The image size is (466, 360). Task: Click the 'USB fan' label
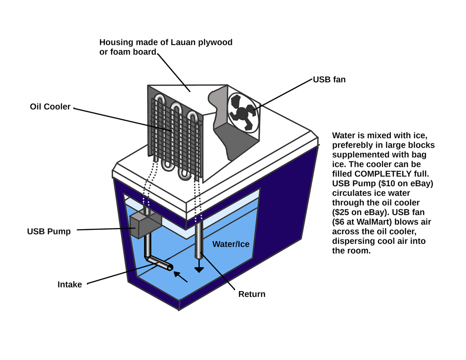click(329, 80)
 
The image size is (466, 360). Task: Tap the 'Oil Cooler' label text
click(50, 107)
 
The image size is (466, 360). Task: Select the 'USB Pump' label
click(49, 232)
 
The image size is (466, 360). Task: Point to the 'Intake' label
click(70, 284)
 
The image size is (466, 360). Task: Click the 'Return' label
click(252, 294)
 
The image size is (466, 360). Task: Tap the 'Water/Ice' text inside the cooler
click(231, 244)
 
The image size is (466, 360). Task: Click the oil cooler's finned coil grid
click(175, 135)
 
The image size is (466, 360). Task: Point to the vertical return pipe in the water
click(198, 238)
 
